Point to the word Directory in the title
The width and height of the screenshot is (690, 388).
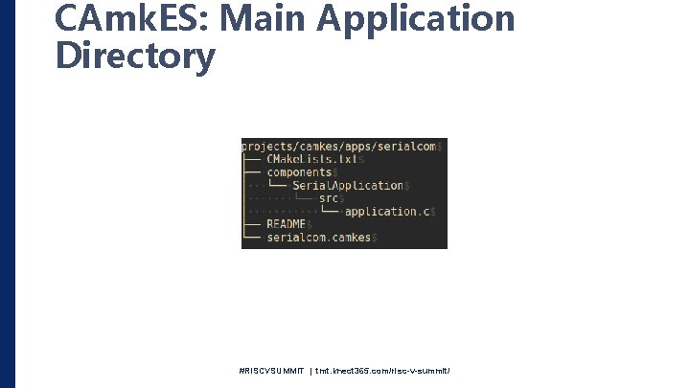(135, 57)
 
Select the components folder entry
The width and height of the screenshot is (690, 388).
(298, 172)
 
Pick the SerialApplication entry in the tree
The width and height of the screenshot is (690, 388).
(348, 185)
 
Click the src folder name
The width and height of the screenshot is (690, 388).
(330, 198)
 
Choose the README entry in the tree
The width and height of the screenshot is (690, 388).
(286, 224)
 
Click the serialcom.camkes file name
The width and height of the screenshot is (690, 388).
(318, 237)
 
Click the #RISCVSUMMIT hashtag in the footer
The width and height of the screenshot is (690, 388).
(273, 370)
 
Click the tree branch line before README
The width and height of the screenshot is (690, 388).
(253, 224)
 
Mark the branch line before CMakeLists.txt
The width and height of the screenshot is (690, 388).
(253, 159)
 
